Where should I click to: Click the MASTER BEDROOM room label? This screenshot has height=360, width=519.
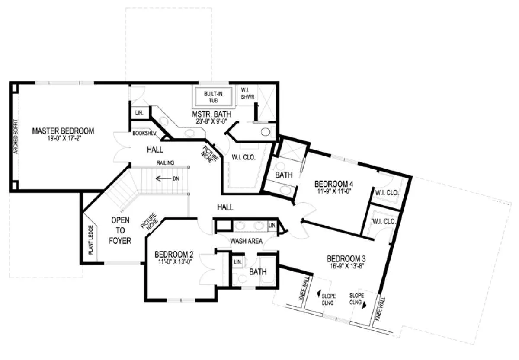(x=63, y=131)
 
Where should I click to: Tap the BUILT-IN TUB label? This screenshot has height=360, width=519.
(x=213, y=97)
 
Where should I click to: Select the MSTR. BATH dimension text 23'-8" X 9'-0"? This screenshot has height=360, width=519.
(x=211, y=122)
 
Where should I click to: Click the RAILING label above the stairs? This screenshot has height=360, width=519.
(x=165, y=163)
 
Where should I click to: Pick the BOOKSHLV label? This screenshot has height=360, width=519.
(x=144, y=134)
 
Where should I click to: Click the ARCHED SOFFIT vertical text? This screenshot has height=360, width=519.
(x=16, y=137)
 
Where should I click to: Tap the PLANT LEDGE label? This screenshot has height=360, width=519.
(x=91, y=240)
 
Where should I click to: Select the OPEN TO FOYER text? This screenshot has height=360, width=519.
(x=120, y=230)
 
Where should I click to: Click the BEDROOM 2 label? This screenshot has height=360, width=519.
(x=174, y=255)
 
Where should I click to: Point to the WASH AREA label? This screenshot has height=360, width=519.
(x=246, y=241)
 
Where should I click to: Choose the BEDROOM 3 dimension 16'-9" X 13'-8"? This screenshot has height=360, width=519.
(x=347, y=266)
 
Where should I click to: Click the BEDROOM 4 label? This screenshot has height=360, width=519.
(x=333, y=184)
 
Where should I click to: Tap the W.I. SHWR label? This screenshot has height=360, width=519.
(x=248, y=93)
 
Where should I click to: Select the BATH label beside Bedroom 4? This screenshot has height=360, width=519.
(x=284, y=175)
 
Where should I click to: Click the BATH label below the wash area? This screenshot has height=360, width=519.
(x=258, y=272)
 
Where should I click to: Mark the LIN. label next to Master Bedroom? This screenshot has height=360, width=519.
(x=139, y=113)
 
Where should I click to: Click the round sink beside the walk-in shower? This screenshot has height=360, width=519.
(x=265, y=132)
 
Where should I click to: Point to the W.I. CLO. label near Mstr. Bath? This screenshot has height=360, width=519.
(x=243, y=157)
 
